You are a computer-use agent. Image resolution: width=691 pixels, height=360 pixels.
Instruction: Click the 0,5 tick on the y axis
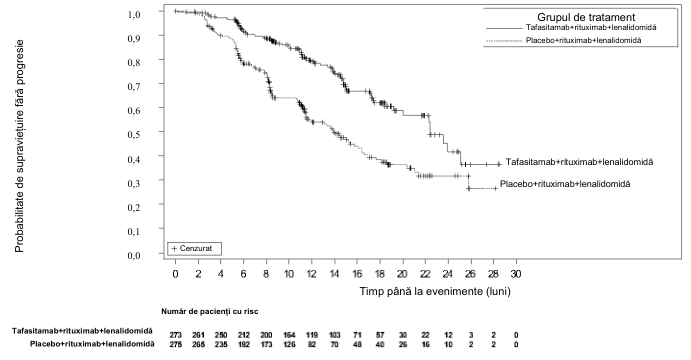tap(161, 132)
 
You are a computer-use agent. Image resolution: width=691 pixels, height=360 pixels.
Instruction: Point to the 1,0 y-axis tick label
tap(134, 15)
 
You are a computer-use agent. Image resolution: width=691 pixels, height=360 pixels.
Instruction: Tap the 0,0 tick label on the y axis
tap(134, 256)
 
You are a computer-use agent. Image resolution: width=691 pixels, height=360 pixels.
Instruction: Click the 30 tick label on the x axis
tap(516, 274)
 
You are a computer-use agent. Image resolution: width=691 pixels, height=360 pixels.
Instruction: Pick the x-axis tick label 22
tap(425, 274)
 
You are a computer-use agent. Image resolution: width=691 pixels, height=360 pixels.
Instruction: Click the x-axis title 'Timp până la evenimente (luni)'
tap(435, 291)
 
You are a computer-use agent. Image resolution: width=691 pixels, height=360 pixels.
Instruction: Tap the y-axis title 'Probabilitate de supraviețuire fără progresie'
tap(19, 146)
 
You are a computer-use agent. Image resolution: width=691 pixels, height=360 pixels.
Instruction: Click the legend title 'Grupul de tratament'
tap(586, 17)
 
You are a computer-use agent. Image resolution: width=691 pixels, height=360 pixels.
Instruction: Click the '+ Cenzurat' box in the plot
tap(194, 249)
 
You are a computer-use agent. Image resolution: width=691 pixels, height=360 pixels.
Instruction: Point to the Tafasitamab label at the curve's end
tap(579, 162)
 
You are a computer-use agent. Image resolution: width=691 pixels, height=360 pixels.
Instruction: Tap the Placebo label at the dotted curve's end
tap(565, 184)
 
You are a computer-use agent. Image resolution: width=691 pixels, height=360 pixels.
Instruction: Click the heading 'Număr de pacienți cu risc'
tap(210, 312)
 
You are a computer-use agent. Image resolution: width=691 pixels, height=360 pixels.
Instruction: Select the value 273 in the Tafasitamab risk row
tap(175, 335)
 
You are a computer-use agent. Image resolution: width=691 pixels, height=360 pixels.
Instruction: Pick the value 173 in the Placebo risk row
tap(266, 345)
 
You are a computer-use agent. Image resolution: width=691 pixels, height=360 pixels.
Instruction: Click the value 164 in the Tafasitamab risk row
tap(289, 335)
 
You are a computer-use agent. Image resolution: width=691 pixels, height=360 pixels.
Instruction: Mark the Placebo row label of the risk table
tap(92, 344)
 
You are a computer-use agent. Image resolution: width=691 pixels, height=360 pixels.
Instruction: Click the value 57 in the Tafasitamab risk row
tap(379, 335)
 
